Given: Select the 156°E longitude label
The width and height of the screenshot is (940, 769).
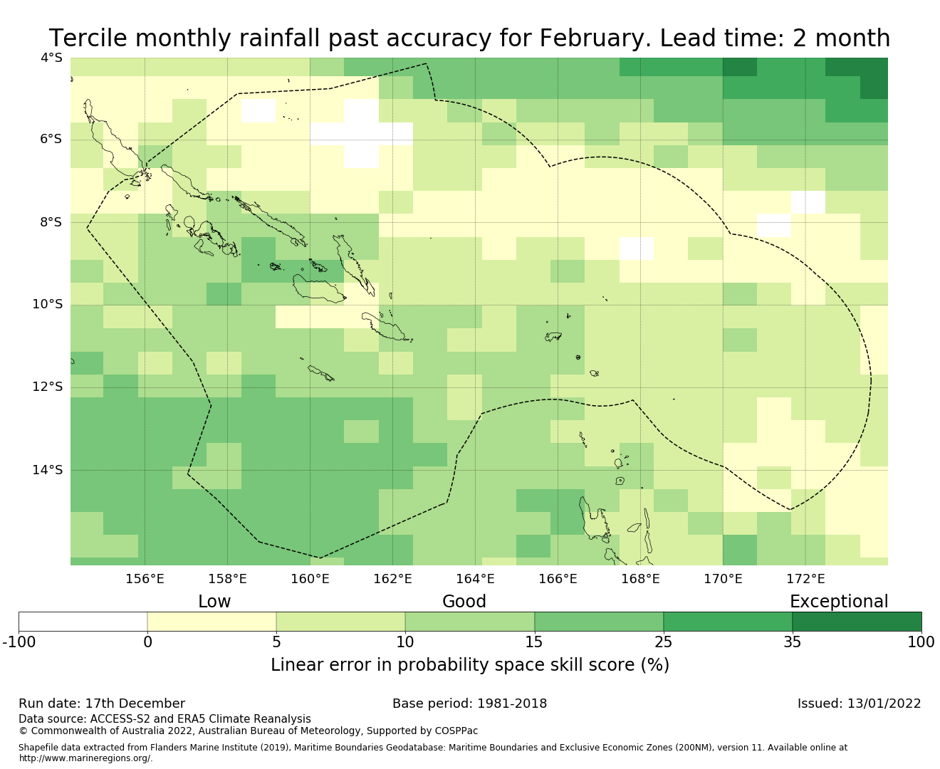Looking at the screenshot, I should coord(145,579).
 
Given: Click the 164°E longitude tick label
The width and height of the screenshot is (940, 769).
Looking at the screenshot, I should coord(475,579).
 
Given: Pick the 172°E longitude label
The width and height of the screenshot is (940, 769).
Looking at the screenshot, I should coord(805,579).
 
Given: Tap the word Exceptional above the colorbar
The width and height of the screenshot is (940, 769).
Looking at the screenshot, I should coord(838,602).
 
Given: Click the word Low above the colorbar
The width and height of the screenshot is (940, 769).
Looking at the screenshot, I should coord(214,602).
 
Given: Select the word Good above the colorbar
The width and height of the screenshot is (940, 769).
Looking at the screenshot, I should coord(464,602).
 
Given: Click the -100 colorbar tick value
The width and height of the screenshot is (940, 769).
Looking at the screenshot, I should coord(19,642).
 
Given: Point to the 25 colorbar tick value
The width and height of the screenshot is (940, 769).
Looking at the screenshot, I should coord(663,642).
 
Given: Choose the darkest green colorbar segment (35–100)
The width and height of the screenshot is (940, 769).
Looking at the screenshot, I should coord(857,622).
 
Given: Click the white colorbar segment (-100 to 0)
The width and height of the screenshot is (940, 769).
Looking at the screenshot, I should coord(83,622).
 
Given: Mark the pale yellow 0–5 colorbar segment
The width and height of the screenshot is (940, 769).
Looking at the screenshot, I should coord(211,622).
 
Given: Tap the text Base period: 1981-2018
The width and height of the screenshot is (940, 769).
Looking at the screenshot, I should coord(469,703).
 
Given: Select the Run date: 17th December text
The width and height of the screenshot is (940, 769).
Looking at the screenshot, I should coord(102,703).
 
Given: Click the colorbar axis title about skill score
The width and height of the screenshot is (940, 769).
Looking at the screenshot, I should coord(469,665).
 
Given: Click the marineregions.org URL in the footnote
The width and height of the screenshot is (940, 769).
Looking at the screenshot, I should coord(85,758).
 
